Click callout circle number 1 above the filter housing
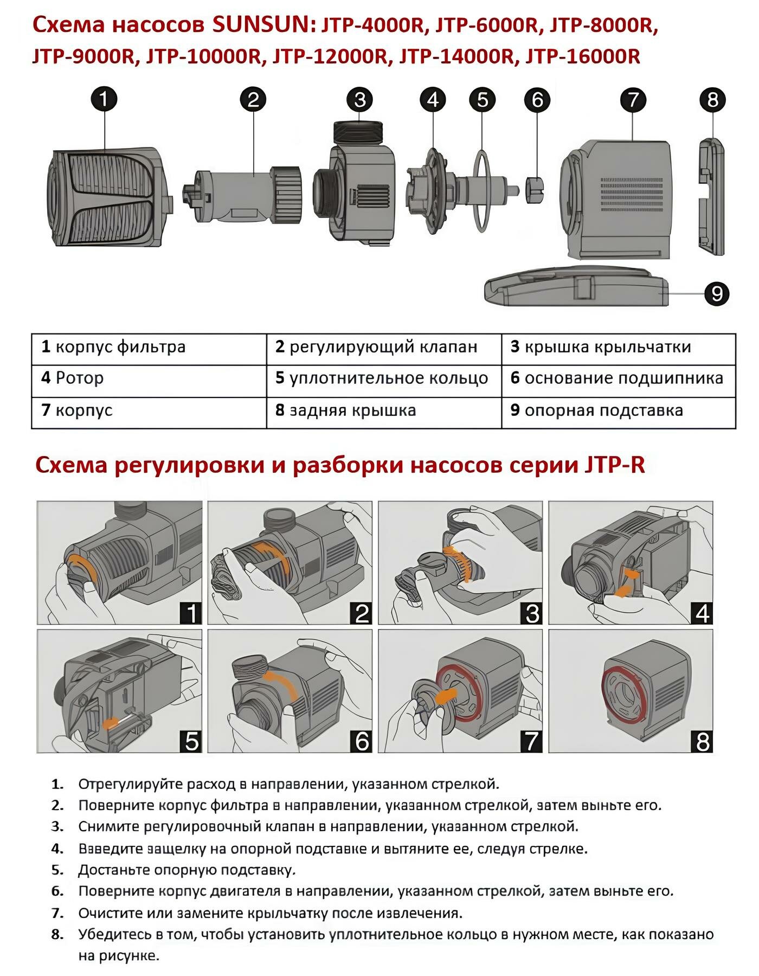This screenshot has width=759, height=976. (x=104, y=99)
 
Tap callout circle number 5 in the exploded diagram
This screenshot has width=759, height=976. (x=483, y=100)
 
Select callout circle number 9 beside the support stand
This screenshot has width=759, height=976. (x=717, y=293)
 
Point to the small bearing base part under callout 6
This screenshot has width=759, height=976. (x=535, y=189)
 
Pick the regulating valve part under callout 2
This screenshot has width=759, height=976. (x=244, y=194)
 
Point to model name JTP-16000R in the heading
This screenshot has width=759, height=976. (x=583, y=56)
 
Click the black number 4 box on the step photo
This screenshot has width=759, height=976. (x=702, y=614)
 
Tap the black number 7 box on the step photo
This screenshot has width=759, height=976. (x=531, y=742)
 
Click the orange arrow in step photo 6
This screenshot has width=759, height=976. (x=282, y=684)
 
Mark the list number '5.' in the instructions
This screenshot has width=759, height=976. (x=57, y=870)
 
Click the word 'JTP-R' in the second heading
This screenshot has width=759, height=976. (x=615, y=466)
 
